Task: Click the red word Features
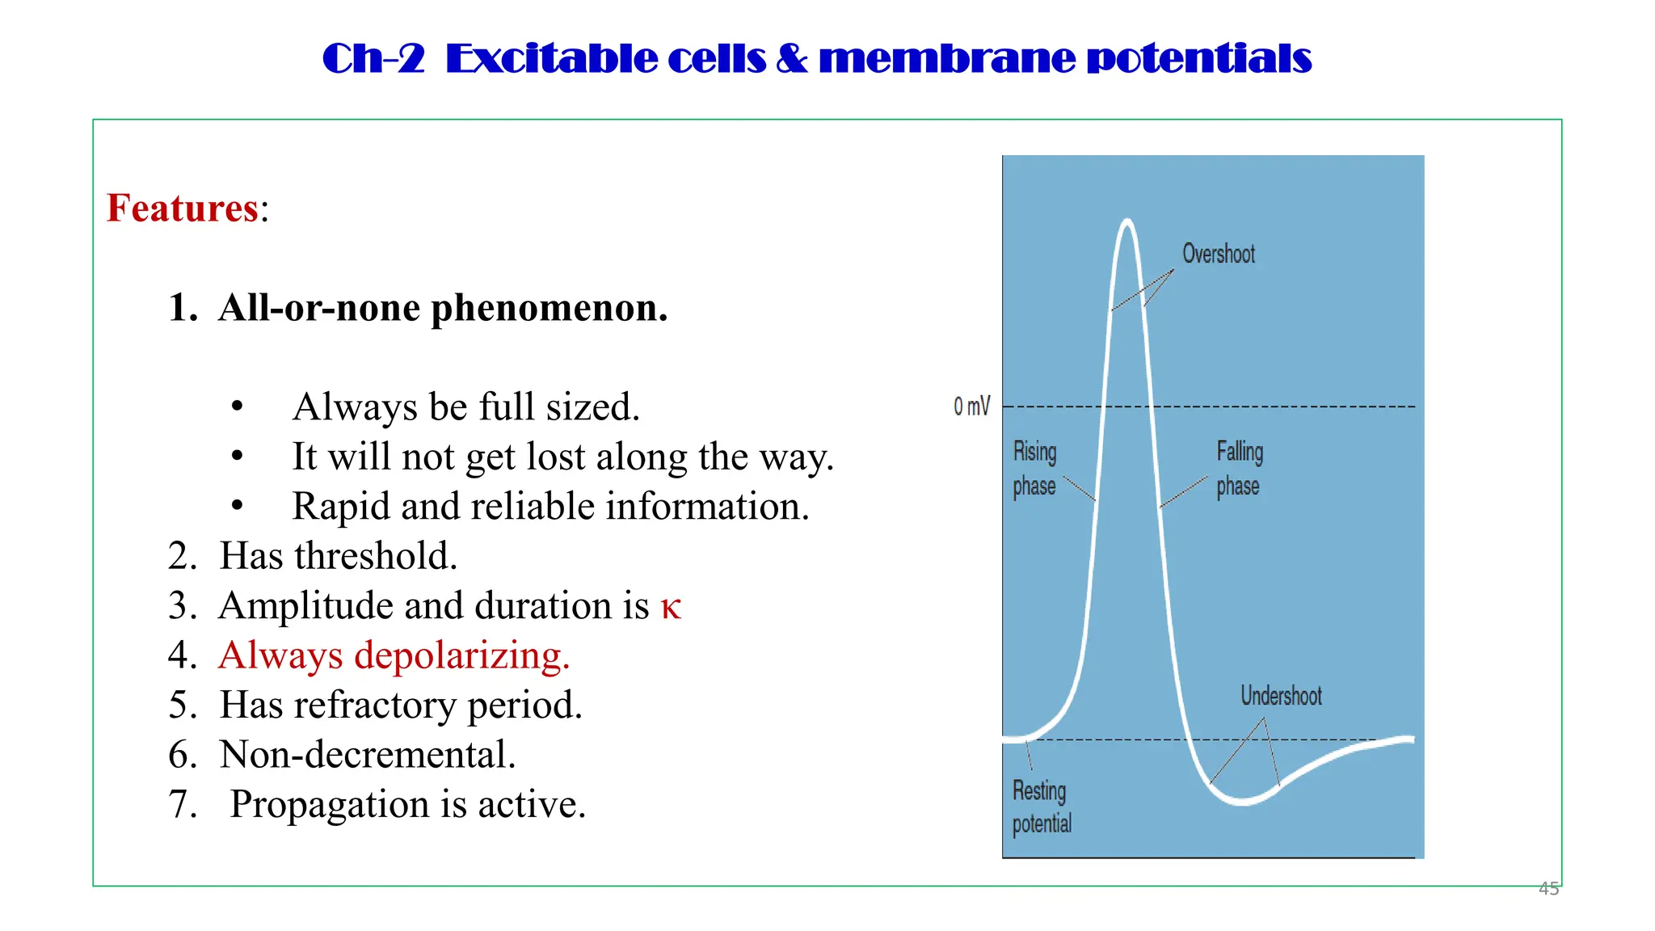pyautogui.click(x=183, y=209)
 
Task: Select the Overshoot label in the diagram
pyautogui.click(x=1218, y=254)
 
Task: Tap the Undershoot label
pyautogui.click(x=1281, y=696)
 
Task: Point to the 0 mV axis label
pyautogui.click(x=971, y=406)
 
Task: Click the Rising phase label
pyautogui.click(x=1035, y=469)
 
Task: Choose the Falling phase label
pyautogui.click(x=1239, y=469)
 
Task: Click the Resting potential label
pyautogui.click(x=1041, y=807)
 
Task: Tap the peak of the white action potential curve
pyautogui.click(x=1126, y=221)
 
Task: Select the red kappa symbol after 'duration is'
pyautogui.click(x=671, y=608)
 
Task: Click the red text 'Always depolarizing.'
pyautogui.click(x=394, y=655)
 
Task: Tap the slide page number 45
pyautogui.click(x=1548, y=888)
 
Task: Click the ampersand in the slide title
pyautogui.click(x=791, y=58)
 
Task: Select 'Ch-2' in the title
pyautogui.click(x=373, y=58)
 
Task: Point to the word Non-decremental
pyautogui.click(x=367, y=755)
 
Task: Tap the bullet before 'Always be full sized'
pyautogui.click(x=237, y=407)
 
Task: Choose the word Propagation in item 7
pyautogui.click(x=330, y=804)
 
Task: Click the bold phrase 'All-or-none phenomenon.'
pyautogui.click(x=443, y=308)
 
